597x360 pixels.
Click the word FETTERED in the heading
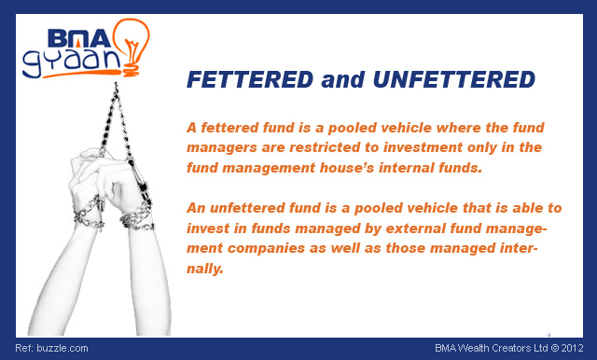248,80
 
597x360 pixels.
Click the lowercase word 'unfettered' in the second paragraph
246,208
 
